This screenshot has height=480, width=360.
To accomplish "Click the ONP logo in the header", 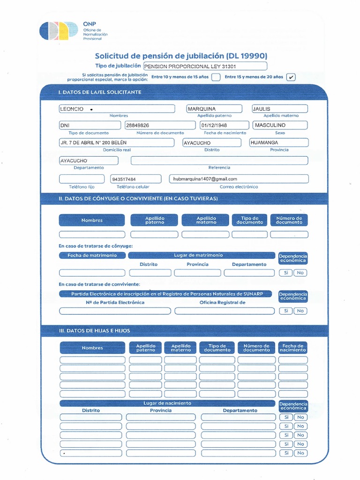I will click(x=59, y=31).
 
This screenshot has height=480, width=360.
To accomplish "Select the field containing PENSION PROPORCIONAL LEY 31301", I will click(x=205, y=66).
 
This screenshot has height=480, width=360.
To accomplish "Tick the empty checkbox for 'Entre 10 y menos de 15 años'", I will click(x=216, y=77).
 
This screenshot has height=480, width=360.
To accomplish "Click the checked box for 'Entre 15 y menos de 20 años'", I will click(x=291, y=77).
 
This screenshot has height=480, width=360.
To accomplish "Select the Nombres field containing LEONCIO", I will click(x=116, y=109).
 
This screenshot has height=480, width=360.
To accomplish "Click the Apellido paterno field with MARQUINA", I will click(x=214, y=109).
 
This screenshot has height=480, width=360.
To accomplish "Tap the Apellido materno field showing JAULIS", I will click(x=279, y=109).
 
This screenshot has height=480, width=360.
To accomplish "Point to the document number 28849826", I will click(x=160, y=125).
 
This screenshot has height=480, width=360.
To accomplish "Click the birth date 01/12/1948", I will click(x=224, y=125).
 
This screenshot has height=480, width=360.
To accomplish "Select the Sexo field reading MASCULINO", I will click(x=279, y=125).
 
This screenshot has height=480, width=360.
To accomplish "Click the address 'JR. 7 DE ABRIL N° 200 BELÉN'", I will click(x=117, y=142).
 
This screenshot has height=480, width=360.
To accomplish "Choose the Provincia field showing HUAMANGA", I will click(x=278, y=142).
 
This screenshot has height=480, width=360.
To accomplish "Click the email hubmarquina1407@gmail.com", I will click(x=239, y=179).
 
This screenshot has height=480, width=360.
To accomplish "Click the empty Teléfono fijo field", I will click(x=82, y=179).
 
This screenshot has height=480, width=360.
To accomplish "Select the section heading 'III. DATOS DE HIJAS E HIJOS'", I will click(x=94, y=331).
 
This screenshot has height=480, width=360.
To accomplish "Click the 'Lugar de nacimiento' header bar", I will click(x=167, y=403).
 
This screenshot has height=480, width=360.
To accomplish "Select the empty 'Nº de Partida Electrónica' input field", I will click(x=115, y=311).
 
